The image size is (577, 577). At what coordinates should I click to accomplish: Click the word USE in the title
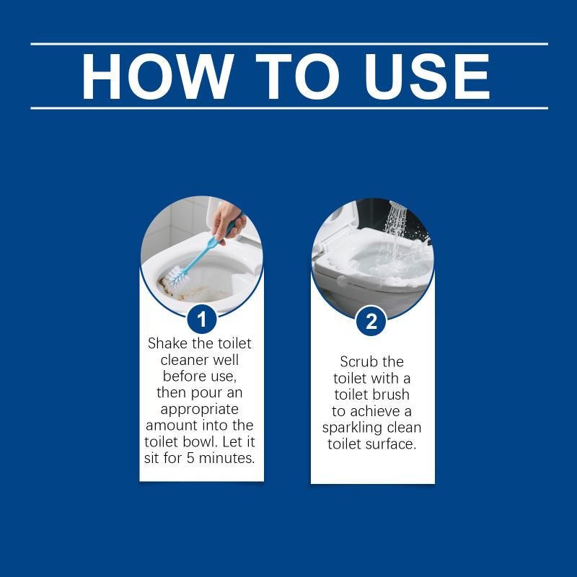pos(427,76)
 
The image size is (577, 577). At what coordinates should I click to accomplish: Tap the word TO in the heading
pos(297,76)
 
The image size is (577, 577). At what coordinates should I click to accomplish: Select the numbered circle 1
pos(202,320)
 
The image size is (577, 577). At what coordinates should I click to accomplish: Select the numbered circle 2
pos(371,321)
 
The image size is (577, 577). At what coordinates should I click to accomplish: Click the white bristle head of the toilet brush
pos(177,276)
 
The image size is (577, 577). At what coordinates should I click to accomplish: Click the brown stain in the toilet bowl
pos(184,290)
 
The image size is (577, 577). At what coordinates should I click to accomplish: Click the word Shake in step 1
pos(167,343)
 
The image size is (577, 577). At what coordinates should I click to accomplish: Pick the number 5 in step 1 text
pos(190,458)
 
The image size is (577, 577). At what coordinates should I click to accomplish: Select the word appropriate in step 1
pos(200,410)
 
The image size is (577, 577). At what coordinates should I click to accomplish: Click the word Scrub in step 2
pos(356,362)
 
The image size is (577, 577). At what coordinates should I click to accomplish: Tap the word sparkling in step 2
pos(352,428)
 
